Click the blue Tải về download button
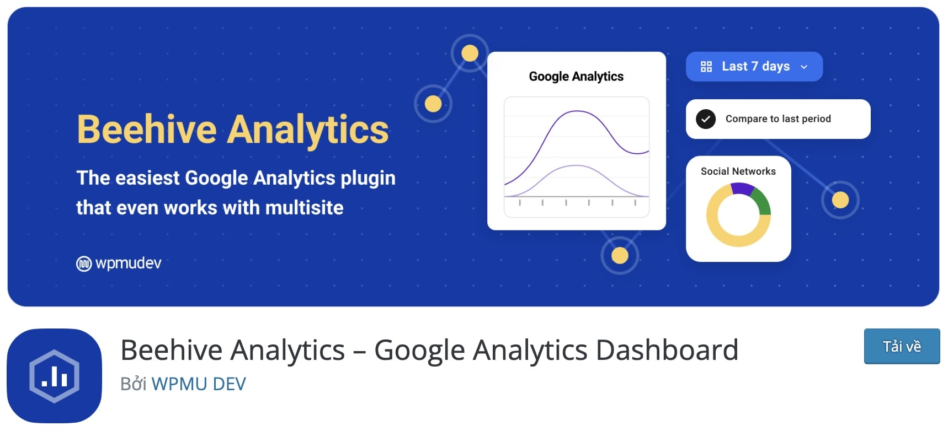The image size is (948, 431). (x=902, y=346)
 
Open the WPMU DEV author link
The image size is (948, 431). (x=199, y=384)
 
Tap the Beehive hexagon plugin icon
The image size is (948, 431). (x=54, y=376)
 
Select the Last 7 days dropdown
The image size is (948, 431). (x=754, y=67)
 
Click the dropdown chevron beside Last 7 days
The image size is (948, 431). (x=804, y=67)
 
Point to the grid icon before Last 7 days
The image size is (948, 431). (x=706, y=67)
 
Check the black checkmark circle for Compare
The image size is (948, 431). (x=706, y=119)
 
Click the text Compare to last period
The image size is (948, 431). (x=778, y=119)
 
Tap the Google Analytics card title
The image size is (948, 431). (x=576, y=77)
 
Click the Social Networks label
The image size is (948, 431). (x=738, y=171)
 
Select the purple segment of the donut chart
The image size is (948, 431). (x=742, y=188)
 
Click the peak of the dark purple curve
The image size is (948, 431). (x=577, y=111)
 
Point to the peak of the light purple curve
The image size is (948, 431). (x=576, y=165)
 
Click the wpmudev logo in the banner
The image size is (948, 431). (x=119, y=263)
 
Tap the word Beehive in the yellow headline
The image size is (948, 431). (x=147, y=130)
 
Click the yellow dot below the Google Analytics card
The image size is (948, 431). (x=620, y=256)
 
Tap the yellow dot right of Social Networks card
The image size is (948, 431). (x=840, y=200)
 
